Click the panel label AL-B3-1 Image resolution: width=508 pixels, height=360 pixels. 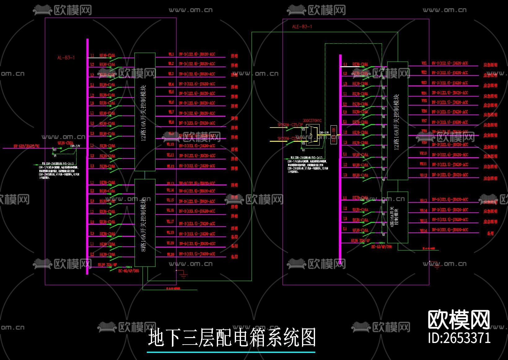(x=66, y=58)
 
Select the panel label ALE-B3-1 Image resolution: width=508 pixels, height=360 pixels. (x=302, y=27)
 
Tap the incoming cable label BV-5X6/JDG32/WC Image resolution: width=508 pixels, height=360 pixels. (x=27, y=146)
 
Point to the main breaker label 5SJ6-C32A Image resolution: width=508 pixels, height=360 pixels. (x=66, y=143)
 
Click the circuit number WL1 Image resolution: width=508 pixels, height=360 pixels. (x=171, y=54)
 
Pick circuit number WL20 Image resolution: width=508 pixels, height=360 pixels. (x=171, y=254)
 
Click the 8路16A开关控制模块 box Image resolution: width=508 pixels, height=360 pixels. (x=145, y=223)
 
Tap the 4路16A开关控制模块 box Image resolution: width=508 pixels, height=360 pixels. (x=397, y=217)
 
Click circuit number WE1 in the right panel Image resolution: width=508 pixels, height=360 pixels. (x=424, y=63)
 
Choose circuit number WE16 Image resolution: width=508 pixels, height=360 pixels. (x=423, y=230)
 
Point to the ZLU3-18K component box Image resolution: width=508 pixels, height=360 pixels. (x=334, y=135)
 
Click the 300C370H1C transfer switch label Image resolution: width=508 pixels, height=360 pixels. (x=312, y=121)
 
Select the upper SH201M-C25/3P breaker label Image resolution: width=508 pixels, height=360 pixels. (x=290, y=125)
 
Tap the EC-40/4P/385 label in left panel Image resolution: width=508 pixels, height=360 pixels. (x=129, y=271)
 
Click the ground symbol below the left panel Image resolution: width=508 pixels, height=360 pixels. (x=183, y=274)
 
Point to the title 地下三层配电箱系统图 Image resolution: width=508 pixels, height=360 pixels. (x=232, y=338)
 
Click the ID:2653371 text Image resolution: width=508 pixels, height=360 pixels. (x=459, y=338)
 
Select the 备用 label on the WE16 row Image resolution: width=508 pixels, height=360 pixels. (x=490, y=233)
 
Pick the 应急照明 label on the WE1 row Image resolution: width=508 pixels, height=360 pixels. (x=490, y=65)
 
